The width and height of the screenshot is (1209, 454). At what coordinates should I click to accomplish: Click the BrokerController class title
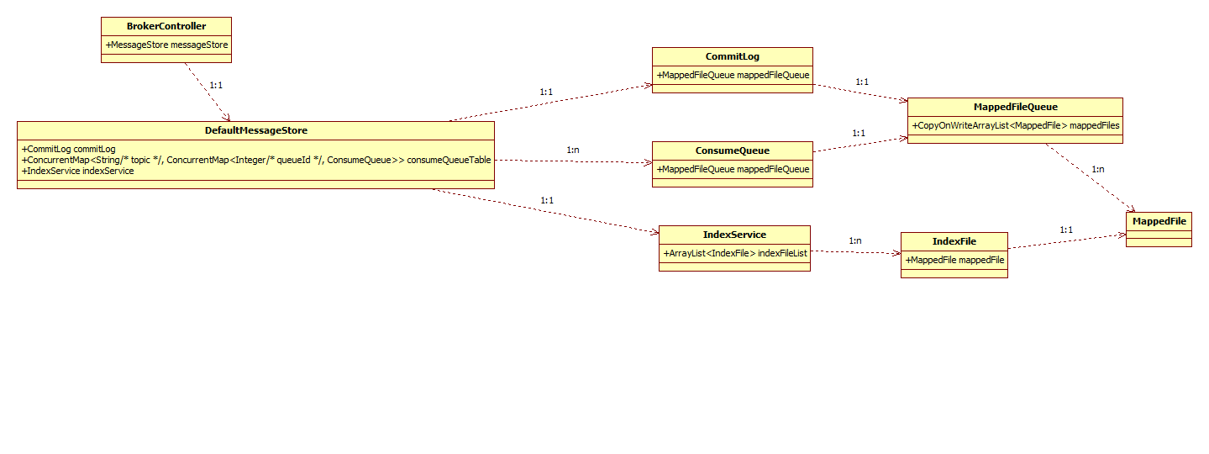coord(166,26)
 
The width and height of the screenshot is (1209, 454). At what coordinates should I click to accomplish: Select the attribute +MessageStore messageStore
coord(166,45)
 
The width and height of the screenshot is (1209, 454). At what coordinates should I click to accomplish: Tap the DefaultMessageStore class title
coord(256,130)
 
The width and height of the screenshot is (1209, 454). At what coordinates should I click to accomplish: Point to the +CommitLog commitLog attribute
coord(69,149)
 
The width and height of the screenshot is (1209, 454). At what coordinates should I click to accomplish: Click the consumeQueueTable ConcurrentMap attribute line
coord(256,160)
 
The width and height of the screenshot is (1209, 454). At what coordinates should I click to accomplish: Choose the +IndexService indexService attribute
coord(78,171)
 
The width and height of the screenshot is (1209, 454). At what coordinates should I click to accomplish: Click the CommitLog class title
coord(733,56)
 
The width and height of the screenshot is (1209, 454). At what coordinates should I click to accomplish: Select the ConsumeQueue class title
coord(733,150)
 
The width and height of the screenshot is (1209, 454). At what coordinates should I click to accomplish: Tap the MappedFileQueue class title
coord(1015,107)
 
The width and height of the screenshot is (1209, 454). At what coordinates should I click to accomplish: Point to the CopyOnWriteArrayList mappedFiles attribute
coord(1015,125)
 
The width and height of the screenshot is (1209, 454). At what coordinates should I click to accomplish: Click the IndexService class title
coord(734,235)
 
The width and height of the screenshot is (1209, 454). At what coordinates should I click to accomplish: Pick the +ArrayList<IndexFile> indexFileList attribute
coord(734,253)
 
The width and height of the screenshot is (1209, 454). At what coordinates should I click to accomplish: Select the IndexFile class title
coord(954,241)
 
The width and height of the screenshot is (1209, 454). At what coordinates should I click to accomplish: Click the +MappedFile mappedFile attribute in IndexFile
coord(954,260)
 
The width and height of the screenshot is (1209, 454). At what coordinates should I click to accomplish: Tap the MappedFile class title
coord(1159,221)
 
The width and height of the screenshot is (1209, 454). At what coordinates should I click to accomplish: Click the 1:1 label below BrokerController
coord(215,85)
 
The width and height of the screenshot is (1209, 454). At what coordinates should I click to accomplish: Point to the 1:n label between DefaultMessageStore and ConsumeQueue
coord(573,150)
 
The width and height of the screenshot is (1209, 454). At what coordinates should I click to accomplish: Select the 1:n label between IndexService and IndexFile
coord(855,240)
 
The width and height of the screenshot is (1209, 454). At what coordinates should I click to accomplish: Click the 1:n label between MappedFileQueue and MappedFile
coord(1097,169)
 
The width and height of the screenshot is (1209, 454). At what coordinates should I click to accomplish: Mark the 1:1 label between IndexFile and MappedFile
coord(1066,230)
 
